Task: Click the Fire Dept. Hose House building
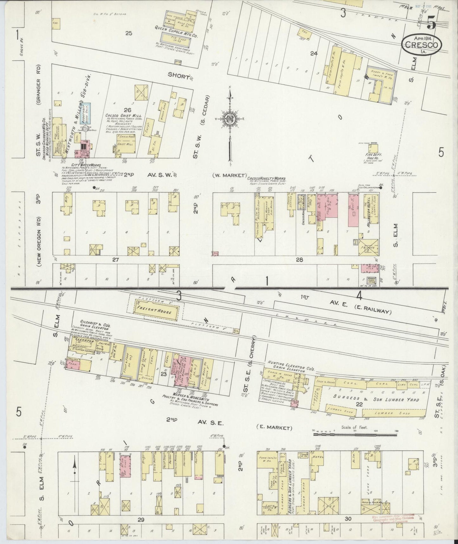(373, 149)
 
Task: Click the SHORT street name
(178, 76)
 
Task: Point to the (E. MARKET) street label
(274, 428)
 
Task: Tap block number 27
(115, 260)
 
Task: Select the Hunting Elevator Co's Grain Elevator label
(291, 363)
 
